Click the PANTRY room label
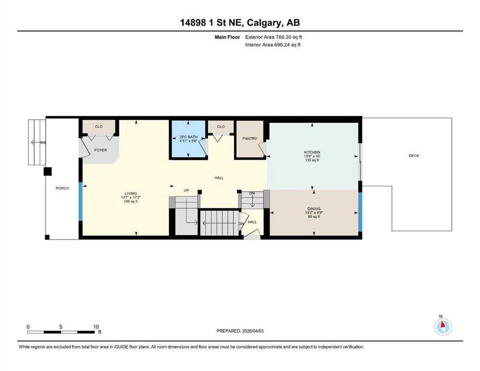click(249, 139)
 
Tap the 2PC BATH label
click(188, 137)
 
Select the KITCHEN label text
click(312, 152)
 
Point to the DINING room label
click(314, 209)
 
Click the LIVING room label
click(131, 193)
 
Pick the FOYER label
click(101, 150)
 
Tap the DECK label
click(414, 156)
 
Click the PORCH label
click(62, 188)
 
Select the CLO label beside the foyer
click(99, 127)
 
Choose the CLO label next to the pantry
click(221, 127)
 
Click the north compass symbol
click(443, 327)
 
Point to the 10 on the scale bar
click(96, 327)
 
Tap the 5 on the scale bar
click(61, 327)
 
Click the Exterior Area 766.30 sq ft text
click(274, 37)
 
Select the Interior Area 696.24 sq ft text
click(273, 44)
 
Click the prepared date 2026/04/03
click(252, 331)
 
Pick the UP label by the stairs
click(186, 190)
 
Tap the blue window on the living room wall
click(81, 201)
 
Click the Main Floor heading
click(227, 37)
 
